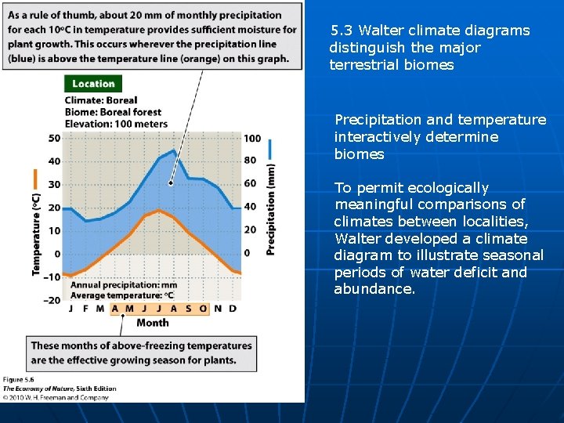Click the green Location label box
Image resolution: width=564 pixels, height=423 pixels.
(x=93, y=84)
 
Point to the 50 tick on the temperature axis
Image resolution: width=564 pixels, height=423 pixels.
(x=54, y=139)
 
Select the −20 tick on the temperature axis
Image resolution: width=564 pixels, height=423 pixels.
(x=51, y=300)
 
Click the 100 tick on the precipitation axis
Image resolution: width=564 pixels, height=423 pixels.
(x=252, y=139)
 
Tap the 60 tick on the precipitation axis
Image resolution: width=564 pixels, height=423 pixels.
(x=250, y=184)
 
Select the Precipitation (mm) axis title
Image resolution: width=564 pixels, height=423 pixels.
(x=271, y=208)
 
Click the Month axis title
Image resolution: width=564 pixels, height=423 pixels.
(x=152, y=322)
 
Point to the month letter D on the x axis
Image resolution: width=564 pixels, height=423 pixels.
(x=233, y=309)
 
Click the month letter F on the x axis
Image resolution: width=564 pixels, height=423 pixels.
(x=86, y=309)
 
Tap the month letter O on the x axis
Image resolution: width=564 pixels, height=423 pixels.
(x=203, y=309)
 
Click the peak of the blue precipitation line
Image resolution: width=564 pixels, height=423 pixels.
(x=174, y=151)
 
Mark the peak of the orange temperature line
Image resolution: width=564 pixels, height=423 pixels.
(x=159, y=210)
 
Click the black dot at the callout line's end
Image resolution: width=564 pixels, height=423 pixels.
(x=171, y=183)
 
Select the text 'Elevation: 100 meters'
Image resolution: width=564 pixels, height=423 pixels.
(x=116, y=124)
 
